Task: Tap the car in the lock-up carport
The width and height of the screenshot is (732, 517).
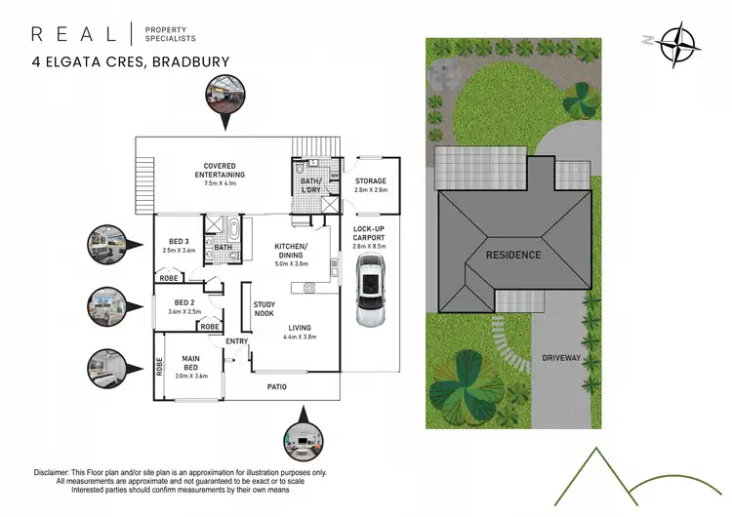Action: click(370, 299)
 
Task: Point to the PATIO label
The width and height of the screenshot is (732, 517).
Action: click(278, 387)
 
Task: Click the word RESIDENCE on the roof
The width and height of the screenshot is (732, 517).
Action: click(513, 255)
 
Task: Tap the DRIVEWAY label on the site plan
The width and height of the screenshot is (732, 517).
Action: click(562, 358)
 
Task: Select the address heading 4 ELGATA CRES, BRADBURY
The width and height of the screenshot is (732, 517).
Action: click(131, 62)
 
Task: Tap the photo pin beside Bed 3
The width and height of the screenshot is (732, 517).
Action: click(106, 241)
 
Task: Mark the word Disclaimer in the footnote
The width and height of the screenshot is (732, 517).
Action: click(58, 471)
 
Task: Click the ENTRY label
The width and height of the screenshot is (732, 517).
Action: click(237, 341)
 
